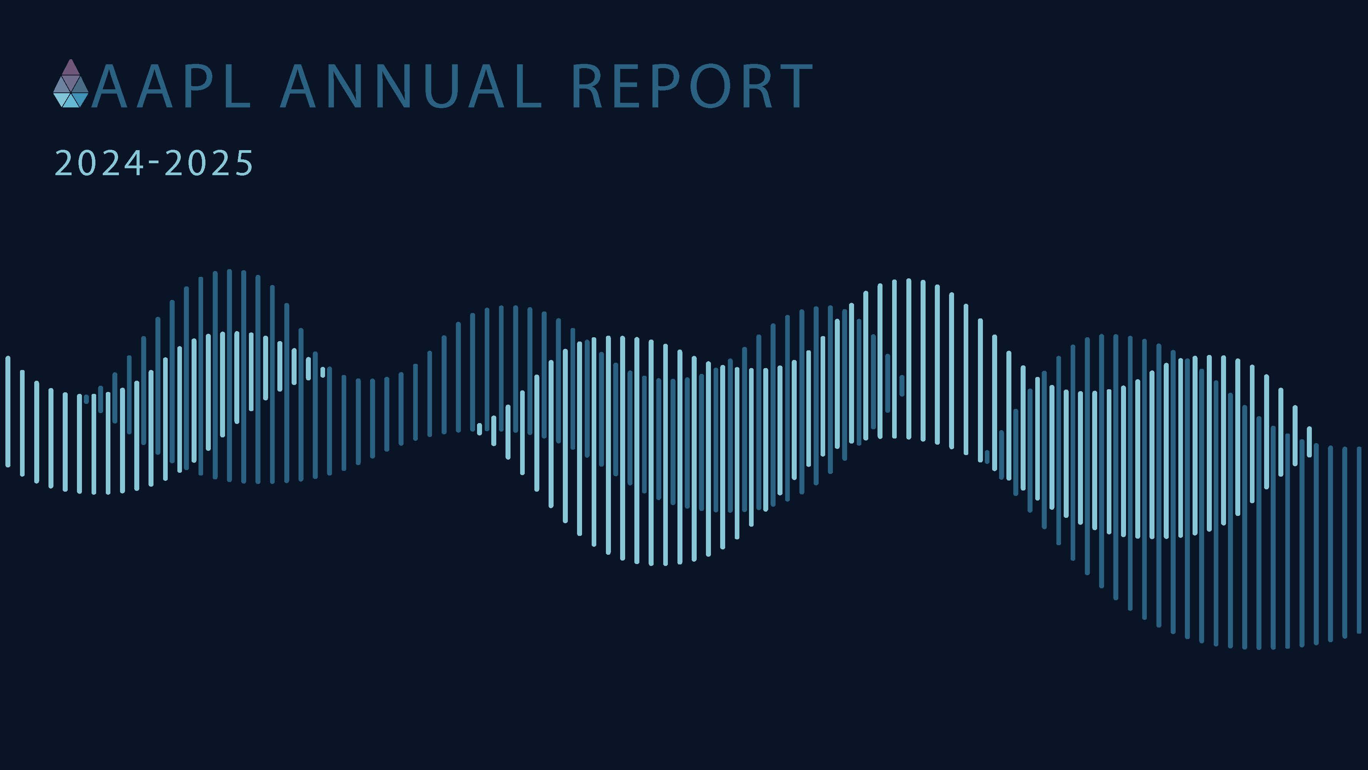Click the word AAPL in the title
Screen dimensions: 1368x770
point(171,87)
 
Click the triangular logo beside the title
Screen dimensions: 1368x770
point(71,84)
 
